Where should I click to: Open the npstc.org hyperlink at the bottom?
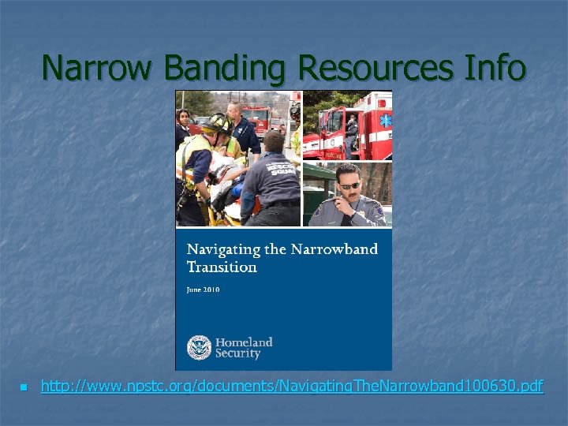pyautogui.click(x=292, y=387)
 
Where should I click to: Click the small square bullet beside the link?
pyautogui.click(x=24, y=387)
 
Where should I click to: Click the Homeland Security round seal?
pyautogui.click(x=200, y=348)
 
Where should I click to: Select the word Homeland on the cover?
pyautogui.click(x=245, y=342)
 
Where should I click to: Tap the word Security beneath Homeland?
pyautogui.click(x=238, y=354)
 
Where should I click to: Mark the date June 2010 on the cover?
pyautogui.click(x=204, y=290)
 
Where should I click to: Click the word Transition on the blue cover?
pyautogui.click(x=222, y=267)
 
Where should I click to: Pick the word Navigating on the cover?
pyautogui.click(x=223, y=249)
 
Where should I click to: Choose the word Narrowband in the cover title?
pyautogui.click(x=334, y=249)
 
